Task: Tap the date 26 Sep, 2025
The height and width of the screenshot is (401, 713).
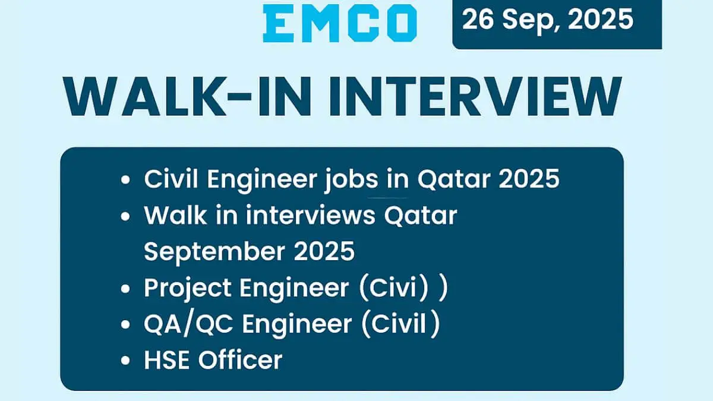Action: (548, 20)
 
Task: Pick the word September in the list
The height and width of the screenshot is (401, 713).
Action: (213, 252)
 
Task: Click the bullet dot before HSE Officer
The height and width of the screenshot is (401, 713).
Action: (125, 361)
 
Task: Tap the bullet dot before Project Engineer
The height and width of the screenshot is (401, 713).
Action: (125, 289)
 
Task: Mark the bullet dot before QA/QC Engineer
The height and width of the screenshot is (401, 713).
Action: (125, 326)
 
